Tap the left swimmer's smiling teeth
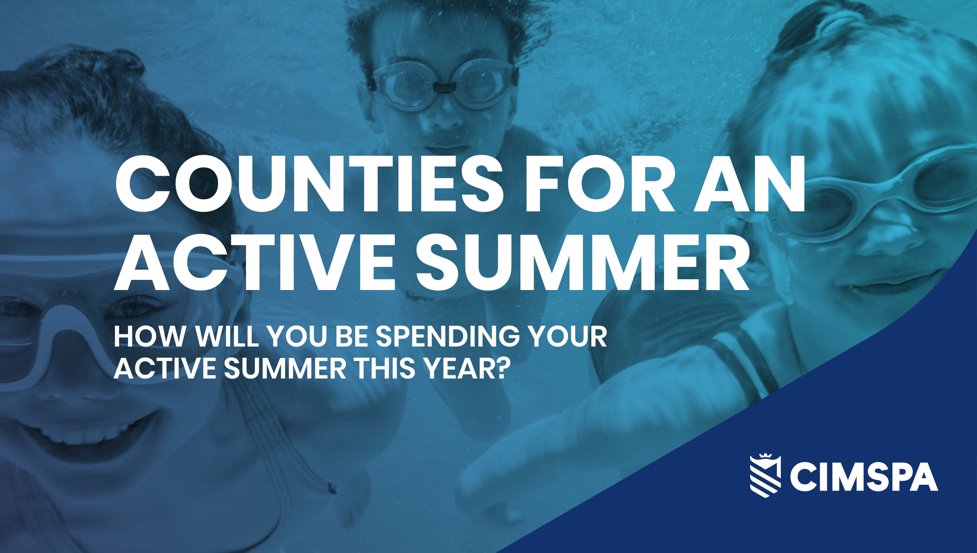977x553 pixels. (76, 429)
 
